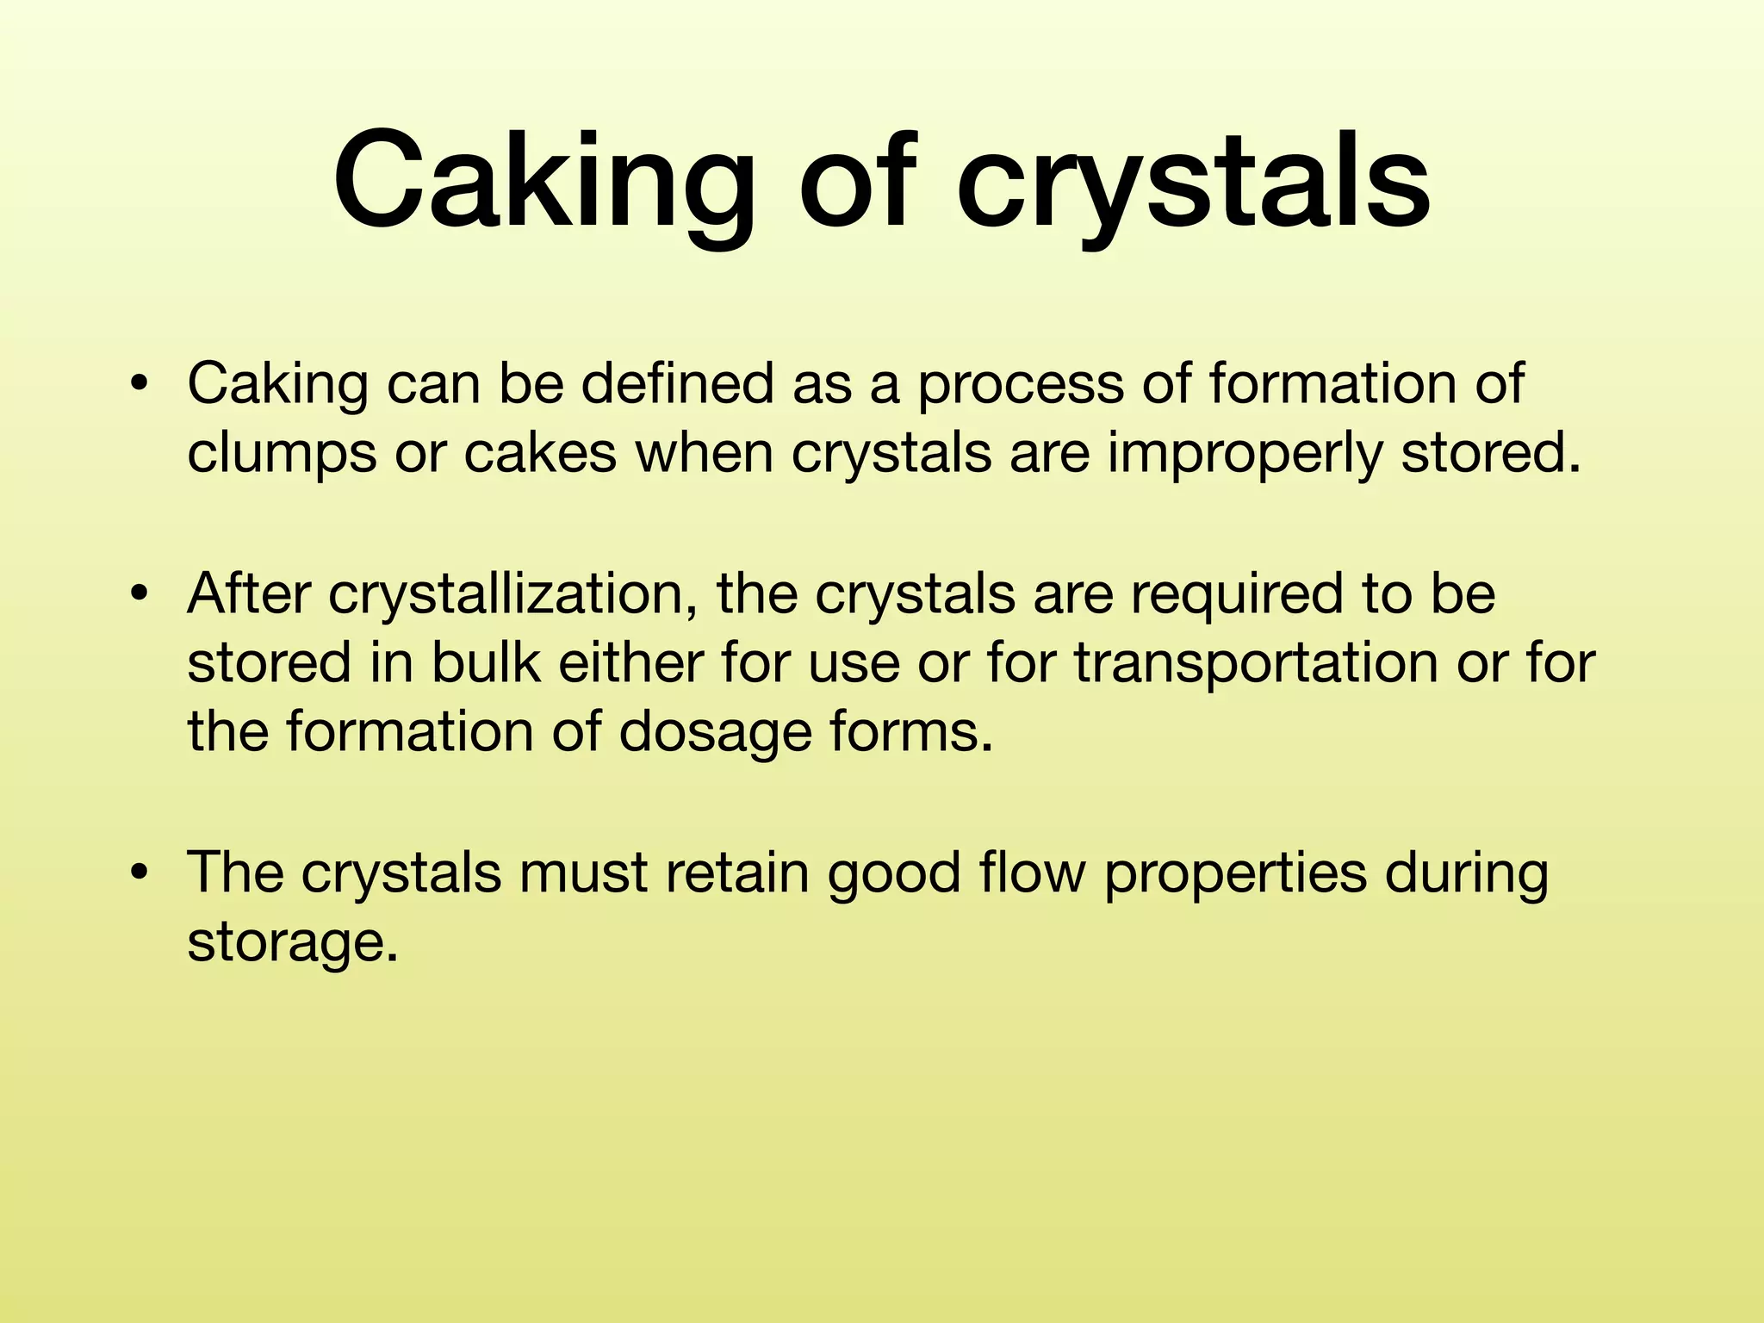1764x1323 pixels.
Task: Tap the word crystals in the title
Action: pos(1193,183)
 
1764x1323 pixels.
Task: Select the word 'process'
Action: pos(1020,386)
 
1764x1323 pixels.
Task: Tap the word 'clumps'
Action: pos(282,455)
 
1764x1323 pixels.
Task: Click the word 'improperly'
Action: pos(1244,455)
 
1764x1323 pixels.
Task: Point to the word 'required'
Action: pos(1236,594)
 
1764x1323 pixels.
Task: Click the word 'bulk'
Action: pos(486,662)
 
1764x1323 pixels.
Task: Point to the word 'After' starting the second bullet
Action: pos(248,594)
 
